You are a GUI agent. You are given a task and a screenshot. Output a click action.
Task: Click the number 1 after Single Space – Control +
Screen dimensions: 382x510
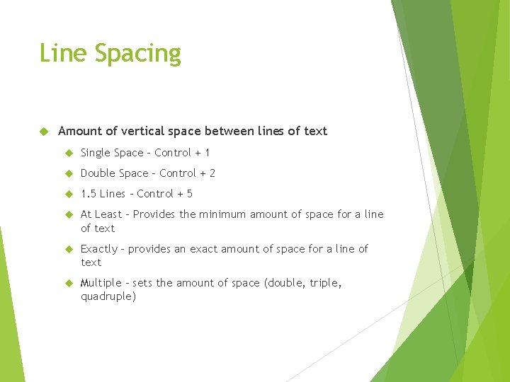pos(207,153)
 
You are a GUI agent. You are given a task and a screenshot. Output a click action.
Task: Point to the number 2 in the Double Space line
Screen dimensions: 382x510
pos(212,173)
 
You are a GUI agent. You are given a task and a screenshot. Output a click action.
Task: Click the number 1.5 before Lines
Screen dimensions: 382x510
pos(89,194)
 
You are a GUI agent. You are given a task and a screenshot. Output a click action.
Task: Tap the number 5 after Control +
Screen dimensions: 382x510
pos(189,194)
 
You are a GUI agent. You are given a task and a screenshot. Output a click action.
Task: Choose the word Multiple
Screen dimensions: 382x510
pos(101,283)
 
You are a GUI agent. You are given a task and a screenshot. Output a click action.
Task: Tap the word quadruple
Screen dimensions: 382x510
pos(108,297)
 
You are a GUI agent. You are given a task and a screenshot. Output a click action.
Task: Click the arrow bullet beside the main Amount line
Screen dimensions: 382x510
pos(43,132)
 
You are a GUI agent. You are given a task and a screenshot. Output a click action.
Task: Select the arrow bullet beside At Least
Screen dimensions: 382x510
pos(69,214)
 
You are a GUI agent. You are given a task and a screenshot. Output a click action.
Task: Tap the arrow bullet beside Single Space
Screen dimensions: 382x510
pos(69,153)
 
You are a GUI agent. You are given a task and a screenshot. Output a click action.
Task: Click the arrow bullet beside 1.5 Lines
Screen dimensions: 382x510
pos(69,194)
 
